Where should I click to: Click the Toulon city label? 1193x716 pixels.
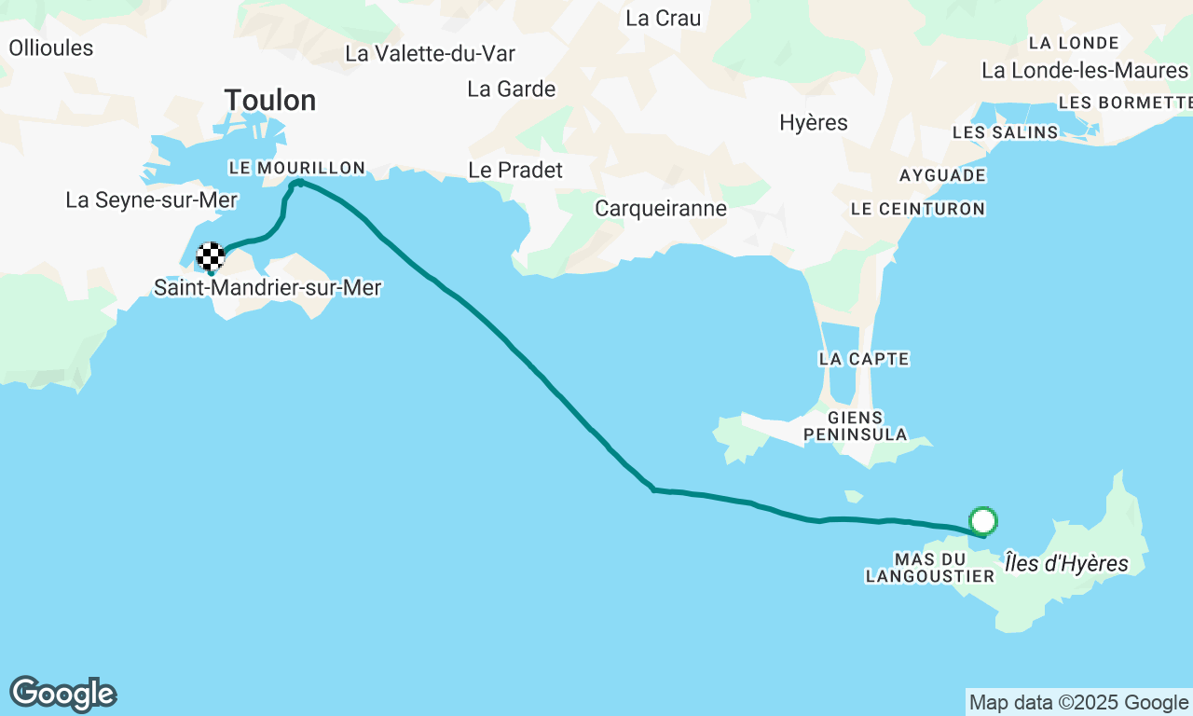pyautogui.click(x=270, y=100)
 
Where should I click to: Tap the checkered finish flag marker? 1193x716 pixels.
pyautogui.click(x=211, y=256)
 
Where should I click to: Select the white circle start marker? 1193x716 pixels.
pyautogui.click(x=983, y=520)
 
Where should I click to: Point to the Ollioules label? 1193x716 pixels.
pyautogui.click(x=51, y=48)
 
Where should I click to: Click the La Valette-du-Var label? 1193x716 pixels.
pyautogui.click(x=430, y=53)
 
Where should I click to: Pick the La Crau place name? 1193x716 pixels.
pyautogui.click(x=664, y=18)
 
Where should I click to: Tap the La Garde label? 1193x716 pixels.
pyautogui.click(x=512, y=89)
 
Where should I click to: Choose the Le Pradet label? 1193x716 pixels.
pyautogui.click(x=515, y=171)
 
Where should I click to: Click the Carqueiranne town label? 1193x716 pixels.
pyautogui.click(x=661, y=209)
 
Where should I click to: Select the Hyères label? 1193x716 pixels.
pyautogui.click(x=814, y=123)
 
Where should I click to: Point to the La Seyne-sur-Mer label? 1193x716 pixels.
pyautogui.click(x=152, y=200)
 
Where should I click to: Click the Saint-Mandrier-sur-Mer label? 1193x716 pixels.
pyautogui.click(x=267, y=288)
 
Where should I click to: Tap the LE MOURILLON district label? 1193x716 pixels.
pyautogui.click(x=296, y=168)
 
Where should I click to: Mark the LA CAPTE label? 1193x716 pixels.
pyautogui.click(x=864, y=359)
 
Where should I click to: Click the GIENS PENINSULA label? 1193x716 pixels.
pyautogui.click(x=856, y=426)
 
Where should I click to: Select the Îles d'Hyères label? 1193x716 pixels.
pyautogui.click(x=1066, y=563)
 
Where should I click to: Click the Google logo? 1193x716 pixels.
pyautogui.click(x=62, y=695)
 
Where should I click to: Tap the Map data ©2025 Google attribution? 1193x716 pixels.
pyautogui.click(x=1078, y=703)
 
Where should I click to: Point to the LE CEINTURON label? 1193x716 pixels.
pyautogui.click(x=918, y=209)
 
